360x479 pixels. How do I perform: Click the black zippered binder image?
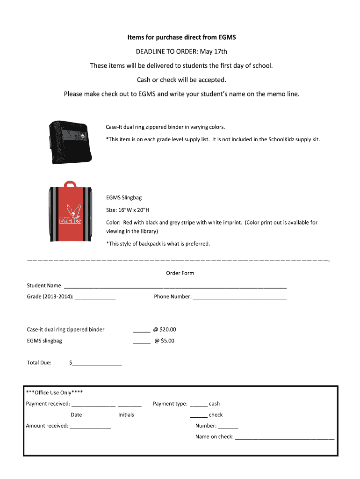coord(69,142)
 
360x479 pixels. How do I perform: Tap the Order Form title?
coord(180,273)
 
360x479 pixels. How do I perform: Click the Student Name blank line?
coord(175,286)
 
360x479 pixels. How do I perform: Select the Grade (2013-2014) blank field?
coord(95,297)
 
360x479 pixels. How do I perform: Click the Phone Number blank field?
coord(239,297)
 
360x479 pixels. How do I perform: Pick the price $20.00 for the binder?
coord(168,330)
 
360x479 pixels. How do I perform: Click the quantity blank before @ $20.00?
coord(142,330)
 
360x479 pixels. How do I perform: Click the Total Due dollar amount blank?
coord(97,363)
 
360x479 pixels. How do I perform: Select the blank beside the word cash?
coord(199,404)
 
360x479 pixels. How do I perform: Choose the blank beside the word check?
coord(199,415)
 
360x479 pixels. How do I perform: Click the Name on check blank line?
coord(284,438)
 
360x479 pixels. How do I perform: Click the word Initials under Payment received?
coord(126,415)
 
